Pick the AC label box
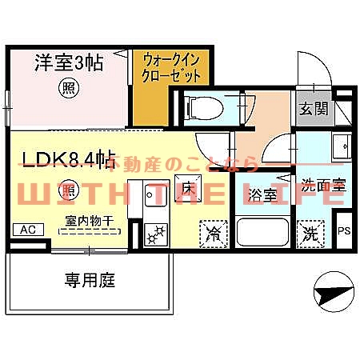(26, 230)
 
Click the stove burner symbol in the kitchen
(154, 235)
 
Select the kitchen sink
(154, 197)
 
